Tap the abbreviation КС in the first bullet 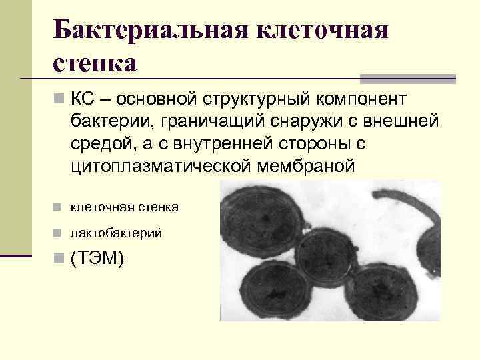coord(83,99)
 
